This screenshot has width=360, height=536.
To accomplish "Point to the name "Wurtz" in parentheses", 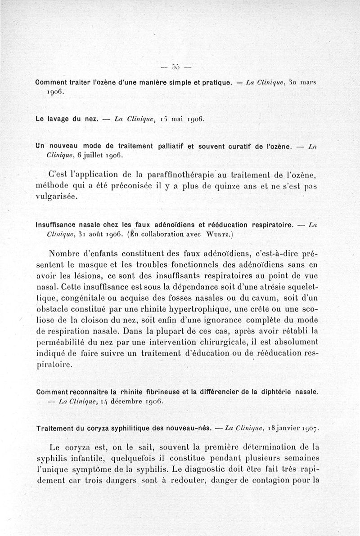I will tap(219, 234).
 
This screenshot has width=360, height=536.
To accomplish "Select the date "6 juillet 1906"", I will tap(96, 155).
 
